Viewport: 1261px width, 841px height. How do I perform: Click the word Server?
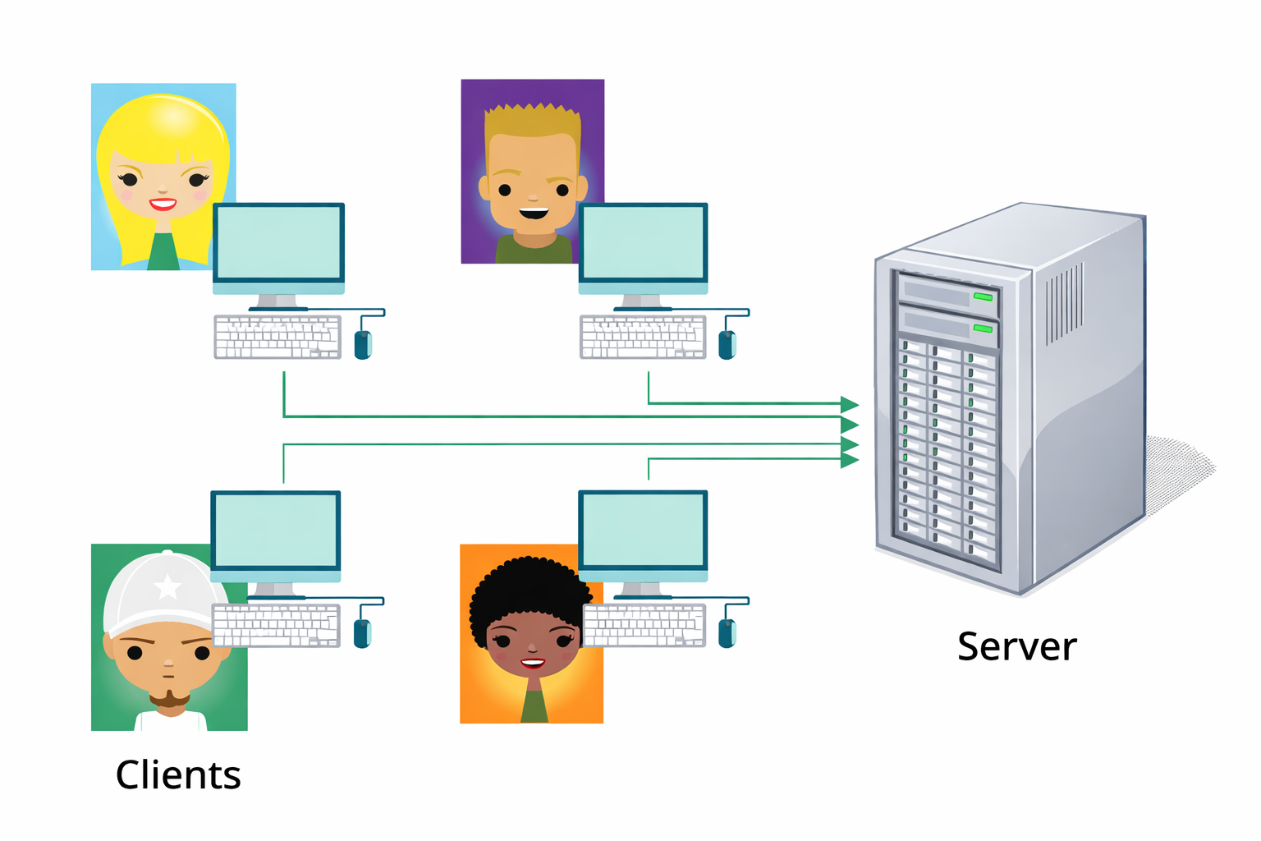pyautogui.click(x=1016, y=646)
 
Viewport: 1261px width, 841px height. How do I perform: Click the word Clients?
pyautogui.click(x=178, y=774)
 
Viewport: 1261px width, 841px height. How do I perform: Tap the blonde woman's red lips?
pyautogui.click(x=163, y=204)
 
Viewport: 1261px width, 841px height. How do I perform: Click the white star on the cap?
pyautogui.click(x=167, y=586)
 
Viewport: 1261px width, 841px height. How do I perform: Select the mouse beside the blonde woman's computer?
pyautogui.click(x=363, y=344)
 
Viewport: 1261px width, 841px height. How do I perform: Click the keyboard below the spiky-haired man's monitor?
pyautogui.click(x=643, y=338)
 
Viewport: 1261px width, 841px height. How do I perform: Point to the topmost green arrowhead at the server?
pyautogui.click(x=850, y=404)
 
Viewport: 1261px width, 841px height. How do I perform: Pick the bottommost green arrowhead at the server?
pyautogui.click(x=850, y=460)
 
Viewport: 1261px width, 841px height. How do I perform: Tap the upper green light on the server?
pyautogui.click(x=983, y=296)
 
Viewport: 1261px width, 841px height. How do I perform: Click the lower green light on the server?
pyautogui.click(x=983, y=329)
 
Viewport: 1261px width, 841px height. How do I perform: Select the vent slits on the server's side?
pyautogui.click(x=1064, y=304)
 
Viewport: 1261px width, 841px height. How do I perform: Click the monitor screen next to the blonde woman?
pyautogui.click(x=278, y=243)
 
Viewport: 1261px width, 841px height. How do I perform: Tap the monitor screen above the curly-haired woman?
pyautogui.click(x=643, y=530)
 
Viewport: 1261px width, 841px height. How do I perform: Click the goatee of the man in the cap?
pyautogui.click(x=170, y=699)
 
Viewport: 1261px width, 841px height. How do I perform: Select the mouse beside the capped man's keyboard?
pyautogui.click(x=362, y=633)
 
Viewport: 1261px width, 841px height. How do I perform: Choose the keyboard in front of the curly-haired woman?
pyautogui.click(x=644, y=625)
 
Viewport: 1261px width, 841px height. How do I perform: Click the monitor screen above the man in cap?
pyautogui.click(x=275, y=530)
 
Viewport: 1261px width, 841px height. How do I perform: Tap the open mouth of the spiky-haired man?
pyautogui.click(x=534, y=214)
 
